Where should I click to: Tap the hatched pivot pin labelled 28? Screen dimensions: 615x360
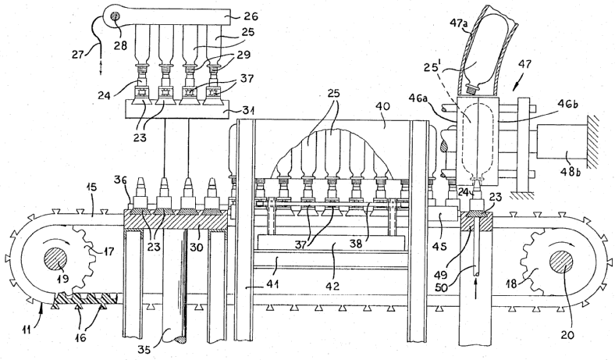(116, 17)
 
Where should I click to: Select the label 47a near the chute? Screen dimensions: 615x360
(458, 23)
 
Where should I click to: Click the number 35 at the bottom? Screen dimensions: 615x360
(145, 348)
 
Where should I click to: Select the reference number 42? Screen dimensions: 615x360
(333, 285)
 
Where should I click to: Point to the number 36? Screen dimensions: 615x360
(120, 180)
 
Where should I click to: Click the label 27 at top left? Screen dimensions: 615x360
(79, 53)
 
